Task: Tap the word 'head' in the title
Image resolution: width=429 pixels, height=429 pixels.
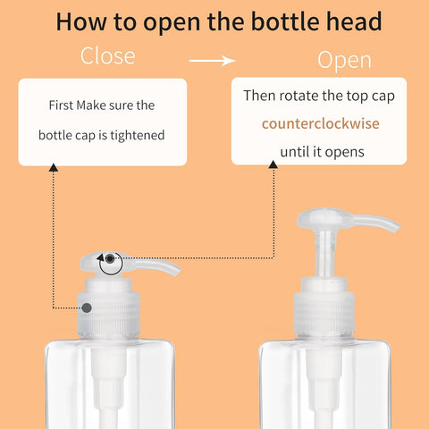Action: (352, 21)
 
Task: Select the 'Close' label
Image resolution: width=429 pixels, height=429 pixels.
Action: (108, 56)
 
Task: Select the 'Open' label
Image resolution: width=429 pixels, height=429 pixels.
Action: (344, 61)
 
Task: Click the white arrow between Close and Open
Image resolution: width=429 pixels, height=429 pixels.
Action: (212, 61)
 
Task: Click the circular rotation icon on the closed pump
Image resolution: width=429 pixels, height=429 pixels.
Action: (110, 262)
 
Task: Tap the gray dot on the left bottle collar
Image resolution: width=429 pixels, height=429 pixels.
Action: (88, 308)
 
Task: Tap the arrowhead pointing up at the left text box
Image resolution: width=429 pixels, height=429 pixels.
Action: (53, 168)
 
